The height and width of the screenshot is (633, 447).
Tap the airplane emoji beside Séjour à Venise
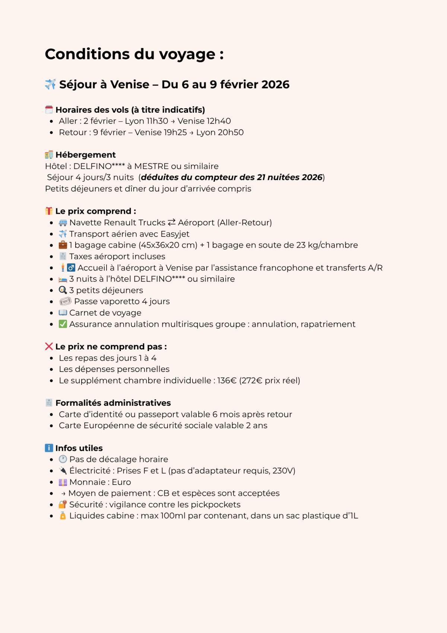tap(50, 84)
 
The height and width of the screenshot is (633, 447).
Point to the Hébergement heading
tap(85, 155)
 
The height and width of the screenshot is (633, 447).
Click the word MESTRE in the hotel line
tap(151, 166)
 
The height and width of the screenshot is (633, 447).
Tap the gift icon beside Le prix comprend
tap(49, 211)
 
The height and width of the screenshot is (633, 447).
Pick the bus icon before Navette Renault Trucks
tap(63, 223)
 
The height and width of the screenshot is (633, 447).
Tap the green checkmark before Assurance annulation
tap(63, 324)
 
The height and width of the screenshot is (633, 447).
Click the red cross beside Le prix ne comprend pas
tap(49, 347)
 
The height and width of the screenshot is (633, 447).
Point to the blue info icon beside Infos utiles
tap(49, 448)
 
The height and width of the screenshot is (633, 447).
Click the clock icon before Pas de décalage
tap(63, 459)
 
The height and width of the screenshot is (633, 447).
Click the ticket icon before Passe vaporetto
tap(65, 301)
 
